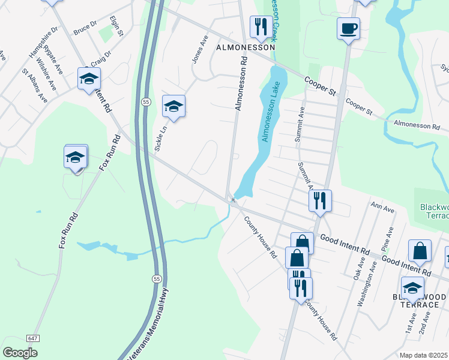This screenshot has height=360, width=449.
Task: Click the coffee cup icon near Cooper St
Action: [x=348, y=28]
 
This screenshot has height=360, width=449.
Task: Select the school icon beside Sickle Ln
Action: [x=173, y=107]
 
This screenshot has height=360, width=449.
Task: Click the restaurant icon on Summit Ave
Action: [x=320, y=200]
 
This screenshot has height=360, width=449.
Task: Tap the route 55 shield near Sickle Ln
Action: [x=146, y=103]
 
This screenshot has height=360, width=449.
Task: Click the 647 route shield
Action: [x=33, y=338]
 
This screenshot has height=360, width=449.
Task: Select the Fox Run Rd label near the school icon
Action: [x=109, y=152]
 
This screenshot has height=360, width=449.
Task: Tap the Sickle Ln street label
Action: [x=160, y=139]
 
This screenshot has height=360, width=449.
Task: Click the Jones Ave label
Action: [x=198, y=52]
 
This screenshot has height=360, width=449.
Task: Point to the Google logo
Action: [x=20, y=353]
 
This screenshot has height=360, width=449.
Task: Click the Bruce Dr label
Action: [x=85, y=28]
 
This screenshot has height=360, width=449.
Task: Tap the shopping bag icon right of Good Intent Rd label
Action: [x=420, y=252]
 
